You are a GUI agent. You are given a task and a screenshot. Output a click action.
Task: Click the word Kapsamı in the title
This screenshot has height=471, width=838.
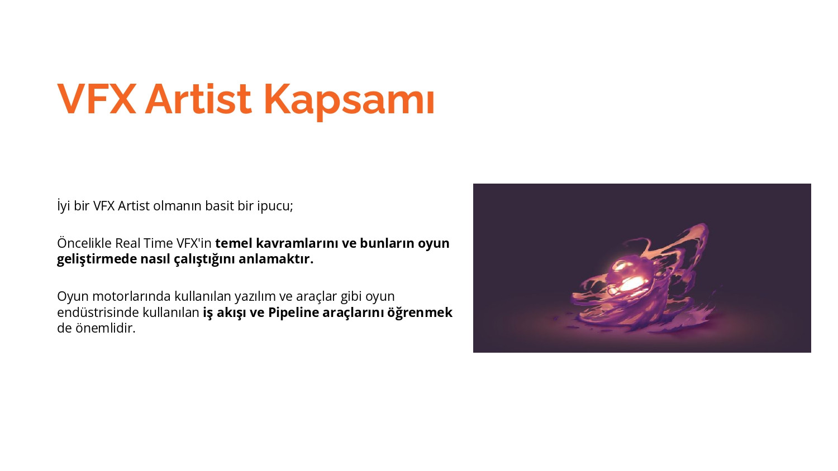349,101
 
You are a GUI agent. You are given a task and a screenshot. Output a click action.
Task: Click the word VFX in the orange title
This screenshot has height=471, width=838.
97,99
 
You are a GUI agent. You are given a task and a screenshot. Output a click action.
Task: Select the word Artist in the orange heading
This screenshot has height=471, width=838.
198,99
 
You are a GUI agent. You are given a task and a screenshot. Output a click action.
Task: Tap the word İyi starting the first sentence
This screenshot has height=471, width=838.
64,206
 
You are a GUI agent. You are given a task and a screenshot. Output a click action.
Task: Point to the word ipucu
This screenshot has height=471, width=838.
275,206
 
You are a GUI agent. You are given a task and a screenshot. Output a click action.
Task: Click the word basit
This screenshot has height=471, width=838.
219,205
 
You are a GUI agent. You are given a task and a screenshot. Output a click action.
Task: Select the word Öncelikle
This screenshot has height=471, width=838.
84,243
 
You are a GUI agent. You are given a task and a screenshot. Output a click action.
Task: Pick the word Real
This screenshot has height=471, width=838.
127,243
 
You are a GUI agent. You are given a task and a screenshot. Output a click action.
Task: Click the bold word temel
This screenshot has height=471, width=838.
234,243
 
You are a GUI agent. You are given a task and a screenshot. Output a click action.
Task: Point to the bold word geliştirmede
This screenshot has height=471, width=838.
97,259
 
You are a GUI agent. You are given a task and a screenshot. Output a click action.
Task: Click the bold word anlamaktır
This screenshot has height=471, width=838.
276,259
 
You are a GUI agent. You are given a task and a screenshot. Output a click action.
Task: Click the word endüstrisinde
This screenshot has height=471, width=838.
98,312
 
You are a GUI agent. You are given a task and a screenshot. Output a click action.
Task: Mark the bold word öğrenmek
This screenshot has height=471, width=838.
420,313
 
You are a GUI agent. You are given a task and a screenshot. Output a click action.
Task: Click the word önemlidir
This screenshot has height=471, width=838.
105,328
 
